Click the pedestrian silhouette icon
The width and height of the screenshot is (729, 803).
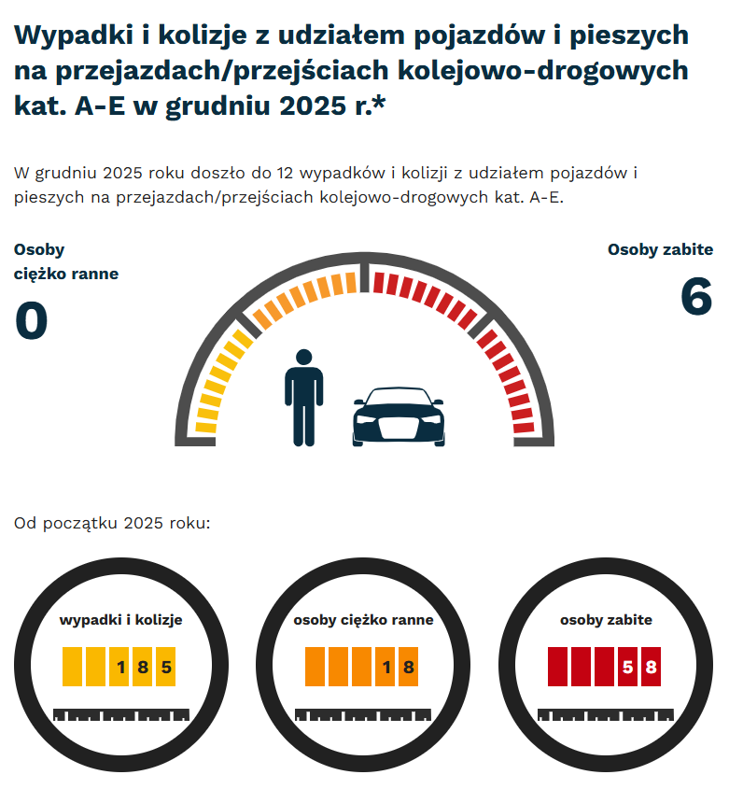pos(302,397)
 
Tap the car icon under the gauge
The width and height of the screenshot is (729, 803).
pos(399,417)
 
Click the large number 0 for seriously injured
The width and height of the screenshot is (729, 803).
pos(31,322)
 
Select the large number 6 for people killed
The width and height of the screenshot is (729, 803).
pos(696,298)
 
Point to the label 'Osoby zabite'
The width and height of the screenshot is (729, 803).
pos(660,249)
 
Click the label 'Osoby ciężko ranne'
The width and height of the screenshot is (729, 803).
pos(65,261)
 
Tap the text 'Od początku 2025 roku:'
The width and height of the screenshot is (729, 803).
pos(112,522)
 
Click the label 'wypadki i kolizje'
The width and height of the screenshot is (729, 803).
pos(120,619)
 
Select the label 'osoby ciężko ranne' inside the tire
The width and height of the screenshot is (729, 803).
pos(363,619)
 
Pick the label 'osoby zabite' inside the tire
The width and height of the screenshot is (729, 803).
pos(606,619)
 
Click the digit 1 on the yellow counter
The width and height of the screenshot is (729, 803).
pos(120,667)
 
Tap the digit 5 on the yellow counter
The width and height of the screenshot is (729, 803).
pos(166,667)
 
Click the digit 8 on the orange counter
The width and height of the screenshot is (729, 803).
pos(408,667)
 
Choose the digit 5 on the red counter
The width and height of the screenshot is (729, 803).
pos(628,667)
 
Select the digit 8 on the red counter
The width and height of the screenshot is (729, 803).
pos(651,667)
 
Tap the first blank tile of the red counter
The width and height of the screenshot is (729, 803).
pos(559,667)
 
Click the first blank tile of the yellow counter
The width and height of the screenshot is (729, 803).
pos(74,667)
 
